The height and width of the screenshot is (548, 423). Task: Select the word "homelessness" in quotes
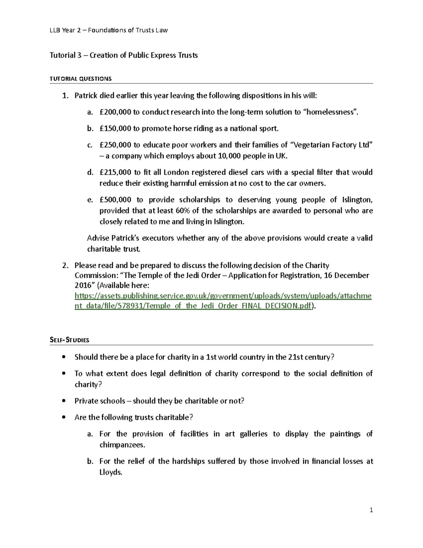330,112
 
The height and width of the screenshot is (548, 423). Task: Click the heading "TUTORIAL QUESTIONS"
80,79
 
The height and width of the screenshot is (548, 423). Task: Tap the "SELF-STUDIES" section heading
69,340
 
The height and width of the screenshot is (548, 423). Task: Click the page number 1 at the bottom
371,510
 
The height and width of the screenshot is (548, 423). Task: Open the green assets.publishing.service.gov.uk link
223,296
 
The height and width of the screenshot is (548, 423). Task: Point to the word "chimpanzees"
122,445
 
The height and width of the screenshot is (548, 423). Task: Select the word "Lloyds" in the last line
110,472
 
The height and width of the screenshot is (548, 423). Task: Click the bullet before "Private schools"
63,401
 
